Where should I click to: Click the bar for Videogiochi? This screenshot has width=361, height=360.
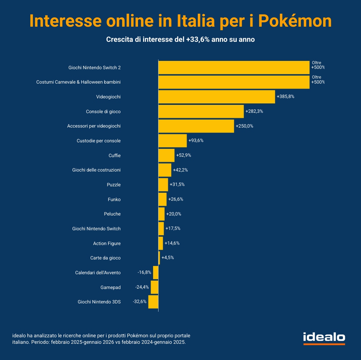[x=217, y=97]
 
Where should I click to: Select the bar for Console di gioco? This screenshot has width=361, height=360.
[x=201, y=111]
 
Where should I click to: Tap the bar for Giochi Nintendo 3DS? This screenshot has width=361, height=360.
[x=153, y=302]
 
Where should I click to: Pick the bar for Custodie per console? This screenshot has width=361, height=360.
[x=173, y=141]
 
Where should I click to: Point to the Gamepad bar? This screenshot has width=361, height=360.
[x=155, y=287]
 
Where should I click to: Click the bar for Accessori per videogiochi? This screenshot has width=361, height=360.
[x=196, y=126]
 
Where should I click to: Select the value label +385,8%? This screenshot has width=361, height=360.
[x=286, y=97]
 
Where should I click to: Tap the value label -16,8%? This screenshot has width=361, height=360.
[x=144, y=272]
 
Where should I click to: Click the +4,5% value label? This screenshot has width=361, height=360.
[x=168, y=258]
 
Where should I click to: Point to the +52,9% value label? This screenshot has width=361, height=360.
[x=183, y=155]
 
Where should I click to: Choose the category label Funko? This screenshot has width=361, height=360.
[x=114, y=199]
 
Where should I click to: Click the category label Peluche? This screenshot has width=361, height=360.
[x=112, y=214]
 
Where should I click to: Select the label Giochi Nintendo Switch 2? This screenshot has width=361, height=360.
[x=94, y=67]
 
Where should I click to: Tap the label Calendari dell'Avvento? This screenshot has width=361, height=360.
[x=98, y=272]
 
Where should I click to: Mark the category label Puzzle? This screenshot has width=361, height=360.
[x=114, y=185]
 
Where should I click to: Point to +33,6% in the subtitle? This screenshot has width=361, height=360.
[x=198, y=40]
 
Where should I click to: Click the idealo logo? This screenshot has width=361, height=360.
[x=324, y=338]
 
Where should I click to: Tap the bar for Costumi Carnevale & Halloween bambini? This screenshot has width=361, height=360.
[x=234, y=82]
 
